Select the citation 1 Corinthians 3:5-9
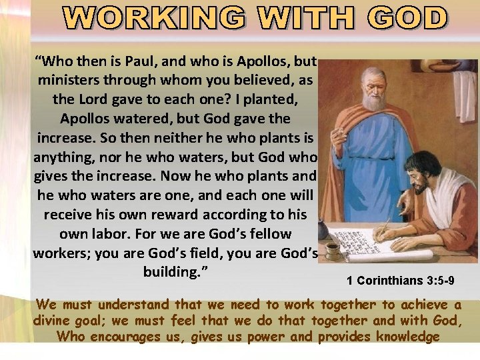400,281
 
